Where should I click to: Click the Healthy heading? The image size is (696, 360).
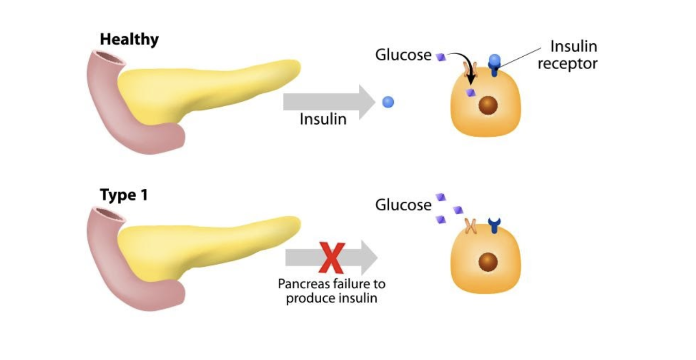[x=129, y=39]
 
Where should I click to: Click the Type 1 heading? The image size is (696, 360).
[x=124, y=195]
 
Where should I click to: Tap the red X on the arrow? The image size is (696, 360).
[x=332, y=258]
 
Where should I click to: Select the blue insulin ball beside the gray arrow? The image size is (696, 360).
[x=388, y=102]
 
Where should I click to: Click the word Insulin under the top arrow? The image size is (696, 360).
[x=323, y=119]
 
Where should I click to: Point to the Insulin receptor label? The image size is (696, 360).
[x=568, y=55]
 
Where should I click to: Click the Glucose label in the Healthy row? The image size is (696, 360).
[x=403, y=55]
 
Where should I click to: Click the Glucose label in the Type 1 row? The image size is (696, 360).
[x=403, y=205]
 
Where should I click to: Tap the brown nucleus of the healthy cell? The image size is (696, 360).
[x=488, y=106]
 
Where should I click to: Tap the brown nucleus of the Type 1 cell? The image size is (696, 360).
[x=488, y=263]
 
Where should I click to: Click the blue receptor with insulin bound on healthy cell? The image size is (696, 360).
[x=495, y=65]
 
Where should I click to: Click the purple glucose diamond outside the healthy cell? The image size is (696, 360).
[x=441, y=57]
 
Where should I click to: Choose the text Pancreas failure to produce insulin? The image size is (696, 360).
[x=332, y=291]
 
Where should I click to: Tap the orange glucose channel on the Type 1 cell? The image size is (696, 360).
[x=470, y=225]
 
